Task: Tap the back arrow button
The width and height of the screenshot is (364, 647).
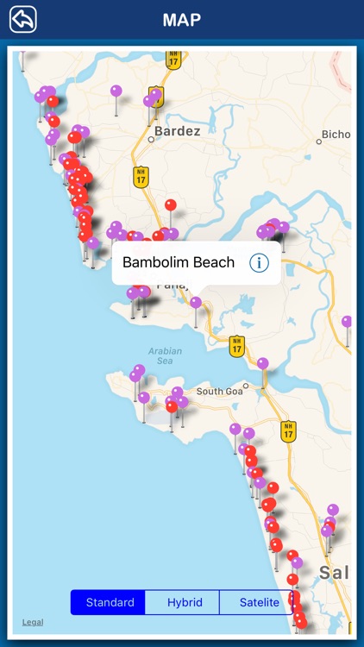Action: click(x=23, y=19)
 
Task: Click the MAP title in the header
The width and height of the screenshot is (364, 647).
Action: click(x=182, y=19)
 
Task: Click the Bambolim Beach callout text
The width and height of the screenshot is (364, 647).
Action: click(x=179, y=262)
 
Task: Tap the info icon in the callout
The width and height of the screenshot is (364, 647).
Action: click(x=259, y=263)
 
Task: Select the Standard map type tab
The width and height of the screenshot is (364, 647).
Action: click(x=109, y=602)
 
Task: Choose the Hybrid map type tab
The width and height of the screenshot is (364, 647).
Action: click(x=183, y=602)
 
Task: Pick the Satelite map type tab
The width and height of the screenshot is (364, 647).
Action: click(x=256, y=602)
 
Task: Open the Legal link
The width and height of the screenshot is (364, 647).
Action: click(x=33, y=621)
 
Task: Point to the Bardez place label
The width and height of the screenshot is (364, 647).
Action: click(x=178, y=131)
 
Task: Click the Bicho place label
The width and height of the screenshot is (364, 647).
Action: click(x=335, y=135)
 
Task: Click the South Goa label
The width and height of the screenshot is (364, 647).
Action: click(x=220, y=392)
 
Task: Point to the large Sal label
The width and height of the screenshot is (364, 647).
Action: click(x=335, y=573)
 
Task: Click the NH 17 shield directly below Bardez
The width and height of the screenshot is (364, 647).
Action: click(x=141, y=176)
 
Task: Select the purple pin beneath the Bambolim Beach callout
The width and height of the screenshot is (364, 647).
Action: click(x=196, y=303)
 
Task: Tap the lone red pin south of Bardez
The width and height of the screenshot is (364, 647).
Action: click(x=171, y=205)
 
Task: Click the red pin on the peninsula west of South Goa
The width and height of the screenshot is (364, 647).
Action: click(x=172, y=406)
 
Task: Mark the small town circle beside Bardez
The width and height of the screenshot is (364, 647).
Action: click(x=151, y=138)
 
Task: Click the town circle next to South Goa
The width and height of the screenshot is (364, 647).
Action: click(x=246, y=386)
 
